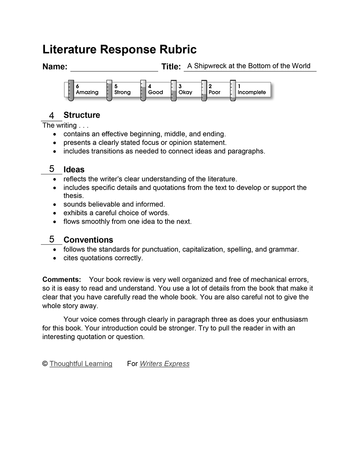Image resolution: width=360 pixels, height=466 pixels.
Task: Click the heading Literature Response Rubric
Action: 119,50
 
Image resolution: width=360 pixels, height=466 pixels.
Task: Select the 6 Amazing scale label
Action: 87,90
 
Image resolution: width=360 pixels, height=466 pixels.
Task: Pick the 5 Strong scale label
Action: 122,90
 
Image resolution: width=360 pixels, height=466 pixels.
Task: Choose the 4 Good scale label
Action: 155,90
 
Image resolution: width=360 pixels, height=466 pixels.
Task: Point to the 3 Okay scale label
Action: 185,90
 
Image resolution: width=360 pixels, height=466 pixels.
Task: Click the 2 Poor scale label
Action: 214,90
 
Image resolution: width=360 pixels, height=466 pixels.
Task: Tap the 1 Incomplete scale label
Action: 252,90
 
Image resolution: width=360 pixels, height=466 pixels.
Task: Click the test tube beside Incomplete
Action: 233,91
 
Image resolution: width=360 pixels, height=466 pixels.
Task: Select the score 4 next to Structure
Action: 52,116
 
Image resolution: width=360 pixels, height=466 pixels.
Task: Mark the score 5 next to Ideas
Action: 52,169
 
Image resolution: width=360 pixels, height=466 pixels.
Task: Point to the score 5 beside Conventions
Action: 52,239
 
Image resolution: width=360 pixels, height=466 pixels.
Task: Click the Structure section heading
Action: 82,115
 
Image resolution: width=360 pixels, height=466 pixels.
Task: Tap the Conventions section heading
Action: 88,240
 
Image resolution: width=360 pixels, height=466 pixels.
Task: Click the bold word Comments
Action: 62,280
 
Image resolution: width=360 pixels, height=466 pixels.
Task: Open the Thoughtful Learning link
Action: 81,364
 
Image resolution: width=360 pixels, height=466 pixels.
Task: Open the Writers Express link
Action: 165,364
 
